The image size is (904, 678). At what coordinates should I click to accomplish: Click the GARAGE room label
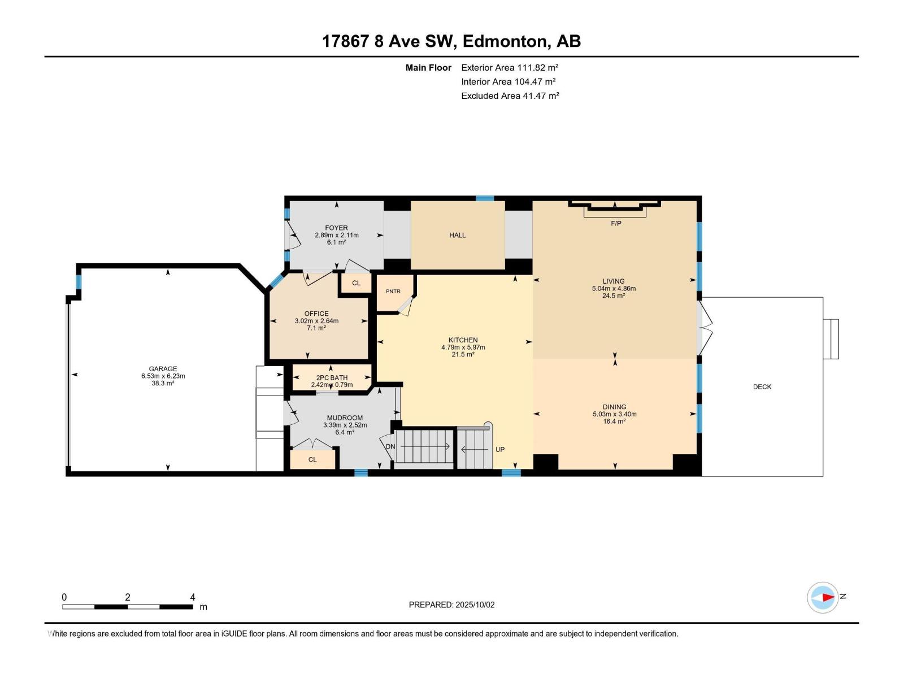(x=163, y=369)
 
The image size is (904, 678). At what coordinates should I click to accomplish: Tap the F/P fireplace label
(x=616, y=224)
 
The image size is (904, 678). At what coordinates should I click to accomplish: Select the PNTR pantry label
(x=393, y=292)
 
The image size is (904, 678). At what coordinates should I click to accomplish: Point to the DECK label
(x=762, y=387)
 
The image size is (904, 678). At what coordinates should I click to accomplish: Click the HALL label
(x=458, y=236)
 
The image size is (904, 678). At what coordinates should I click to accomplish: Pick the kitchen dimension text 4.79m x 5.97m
(x=463, y=347)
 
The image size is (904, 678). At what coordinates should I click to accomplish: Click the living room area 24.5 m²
(x=614, y=295)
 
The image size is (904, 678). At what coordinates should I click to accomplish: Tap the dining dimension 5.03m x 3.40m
(x=615, y=414)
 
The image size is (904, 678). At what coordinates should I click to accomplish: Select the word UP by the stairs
(x=499, y=450)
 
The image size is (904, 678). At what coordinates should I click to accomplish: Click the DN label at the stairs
(x=390, y=447)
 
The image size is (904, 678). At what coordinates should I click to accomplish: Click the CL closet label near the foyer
(x=357, y=283)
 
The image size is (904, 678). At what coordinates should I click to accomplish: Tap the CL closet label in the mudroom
(x=312, y=459)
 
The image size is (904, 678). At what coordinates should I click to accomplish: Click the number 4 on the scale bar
(x=192, y=597)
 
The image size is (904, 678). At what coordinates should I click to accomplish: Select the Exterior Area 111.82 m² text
(x=510, y=67)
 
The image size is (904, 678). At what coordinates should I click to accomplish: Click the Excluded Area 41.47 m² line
(x=510, y=96)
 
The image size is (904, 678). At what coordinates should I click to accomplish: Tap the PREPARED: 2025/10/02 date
(x=452, y=605)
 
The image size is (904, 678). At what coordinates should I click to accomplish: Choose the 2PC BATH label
(x=332, y=378)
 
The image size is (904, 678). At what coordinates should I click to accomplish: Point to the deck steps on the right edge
(x=831, y=339)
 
